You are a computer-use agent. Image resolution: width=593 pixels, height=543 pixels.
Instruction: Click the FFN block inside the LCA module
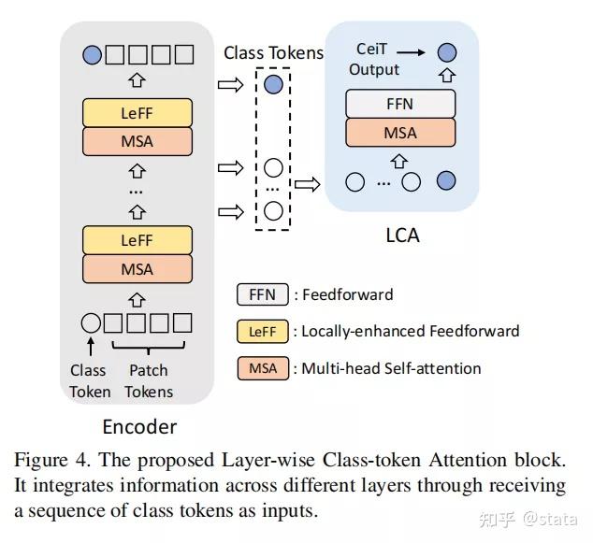tap(400, 103)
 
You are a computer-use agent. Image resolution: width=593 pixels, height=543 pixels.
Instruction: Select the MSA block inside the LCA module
tap(400, 133)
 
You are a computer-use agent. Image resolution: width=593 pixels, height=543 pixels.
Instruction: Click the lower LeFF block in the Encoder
tap(137, 240)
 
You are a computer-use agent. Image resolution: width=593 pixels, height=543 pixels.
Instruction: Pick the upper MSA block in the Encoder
tap(137, 142)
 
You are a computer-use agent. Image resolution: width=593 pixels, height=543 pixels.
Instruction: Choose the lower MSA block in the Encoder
tap(137, 269)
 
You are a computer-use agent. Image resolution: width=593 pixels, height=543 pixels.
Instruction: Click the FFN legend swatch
tap(263, 295)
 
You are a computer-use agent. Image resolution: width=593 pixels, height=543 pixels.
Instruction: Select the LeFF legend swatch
tap(263, 331)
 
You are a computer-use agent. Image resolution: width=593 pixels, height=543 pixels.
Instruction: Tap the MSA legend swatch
tap(263, 367)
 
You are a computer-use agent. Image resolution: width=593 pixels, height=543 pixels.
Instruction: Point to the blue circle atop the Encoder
tap(92, 54)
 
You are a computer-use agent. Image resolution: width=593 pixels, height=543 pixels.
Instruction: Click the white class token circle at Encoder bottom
tap(91, 323)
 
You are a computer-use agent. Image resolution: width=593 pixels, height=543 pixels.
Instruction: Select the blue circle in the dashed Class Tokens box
tap(273, 85)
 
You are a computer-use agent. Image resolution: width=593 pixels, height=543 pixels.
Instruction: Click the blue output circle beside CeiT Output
tap(447, 52)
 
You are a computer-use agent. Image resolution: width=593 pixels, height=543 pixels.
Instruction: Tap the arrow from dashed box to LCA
tap(307, 184)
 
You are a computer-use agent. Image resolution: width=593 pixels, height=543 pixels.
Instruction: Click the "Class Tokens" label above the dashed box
tap(273, 53)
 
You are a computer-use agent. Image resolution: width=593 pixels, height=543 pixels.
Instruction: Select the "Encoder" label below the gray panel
tap(138, 427)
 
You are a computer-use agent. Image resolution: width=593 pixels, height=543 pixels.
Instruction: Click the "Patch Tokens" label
tap(150, 381)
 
